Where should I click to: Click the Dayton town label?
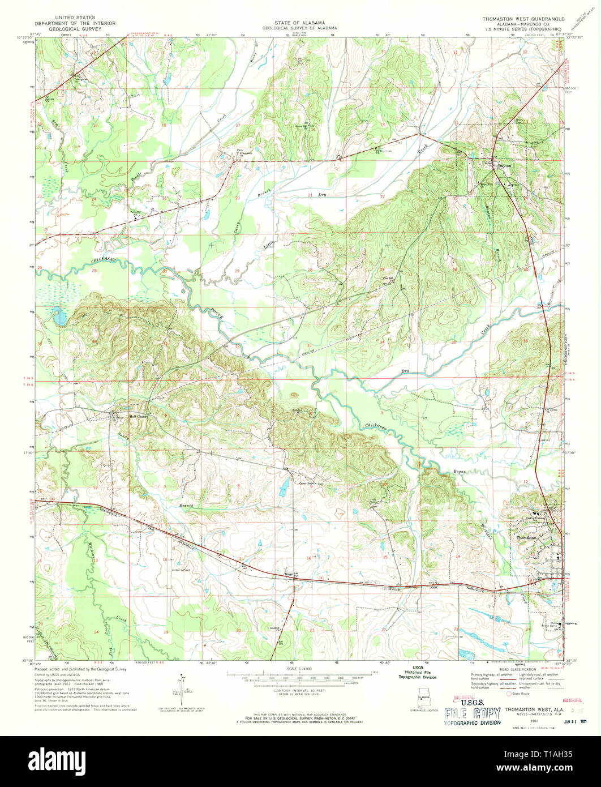(x=504, y=166)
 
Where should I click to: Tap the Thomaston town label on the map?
(x=526, y=538)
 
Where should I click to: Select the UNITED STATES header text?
(x=72, y=18)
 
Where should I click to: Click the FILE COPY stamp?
(x=472, y=713)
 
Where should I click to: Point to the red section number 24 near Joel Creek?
(x=96, y=631)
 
